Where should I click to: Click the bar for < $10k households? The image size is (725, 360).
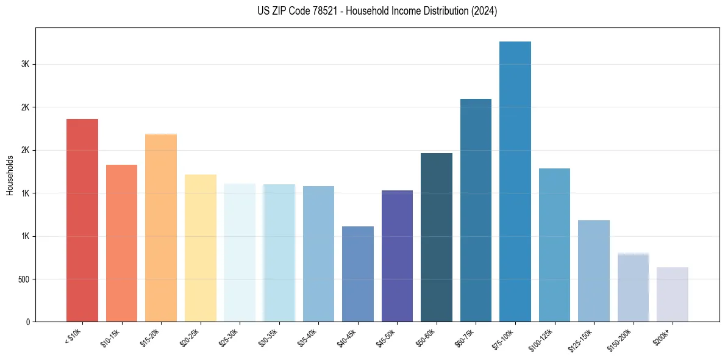82,220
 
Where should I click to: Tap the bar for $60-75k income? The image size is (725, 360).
476,210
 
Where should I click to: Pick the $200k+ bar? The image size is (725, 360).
673,294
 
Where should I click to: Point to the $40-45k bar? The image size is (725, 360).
358,274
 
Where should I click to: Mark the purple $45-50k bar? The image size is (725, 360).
397,256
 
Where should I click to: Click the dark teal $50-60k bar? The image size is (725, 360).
437,237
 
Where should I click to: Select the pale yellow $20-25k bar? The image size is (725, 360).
201,248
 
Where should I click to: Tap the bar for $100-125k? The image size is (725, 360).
554,245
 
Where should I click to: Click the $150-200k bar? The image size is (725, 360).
633,287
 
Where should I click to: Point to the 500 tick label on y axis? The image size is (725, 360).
24,279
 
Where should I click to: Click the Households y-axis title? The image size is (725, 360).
10,175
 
